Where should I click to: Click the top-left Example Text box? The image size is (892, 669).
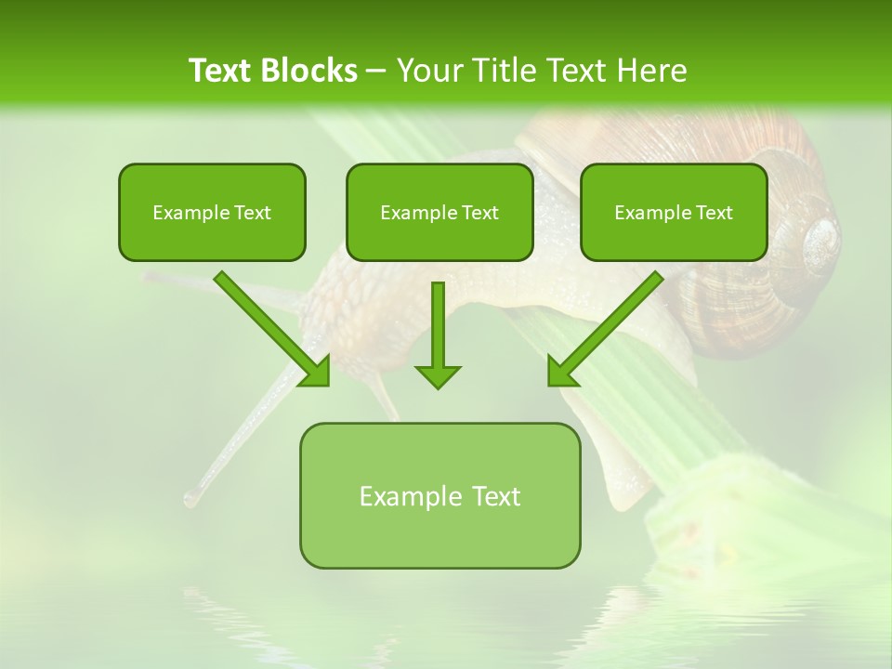(212, 212)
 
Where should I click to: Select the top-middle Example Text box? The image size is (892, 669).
(439, 212)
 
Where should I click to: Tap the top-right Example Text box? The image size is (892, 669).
(674, 212)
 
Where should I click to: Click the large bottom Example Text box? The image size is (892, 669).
(439, 495)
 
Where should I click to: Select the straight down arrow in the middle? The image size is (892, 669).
(438, 334)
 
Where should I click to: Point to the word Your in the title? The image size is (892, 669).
(427, 71)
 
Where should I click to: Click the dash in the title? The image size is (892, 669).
(377, 71)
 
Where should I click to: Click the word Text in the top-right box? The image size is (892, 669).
(715, 213)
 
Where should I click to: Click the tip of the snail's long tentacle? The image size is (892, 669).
(190, 500)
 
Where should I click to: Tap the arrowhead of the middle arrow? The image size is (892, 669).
(438, 375)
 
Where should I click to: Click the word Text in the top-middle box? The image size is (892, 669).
(480, 213)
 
